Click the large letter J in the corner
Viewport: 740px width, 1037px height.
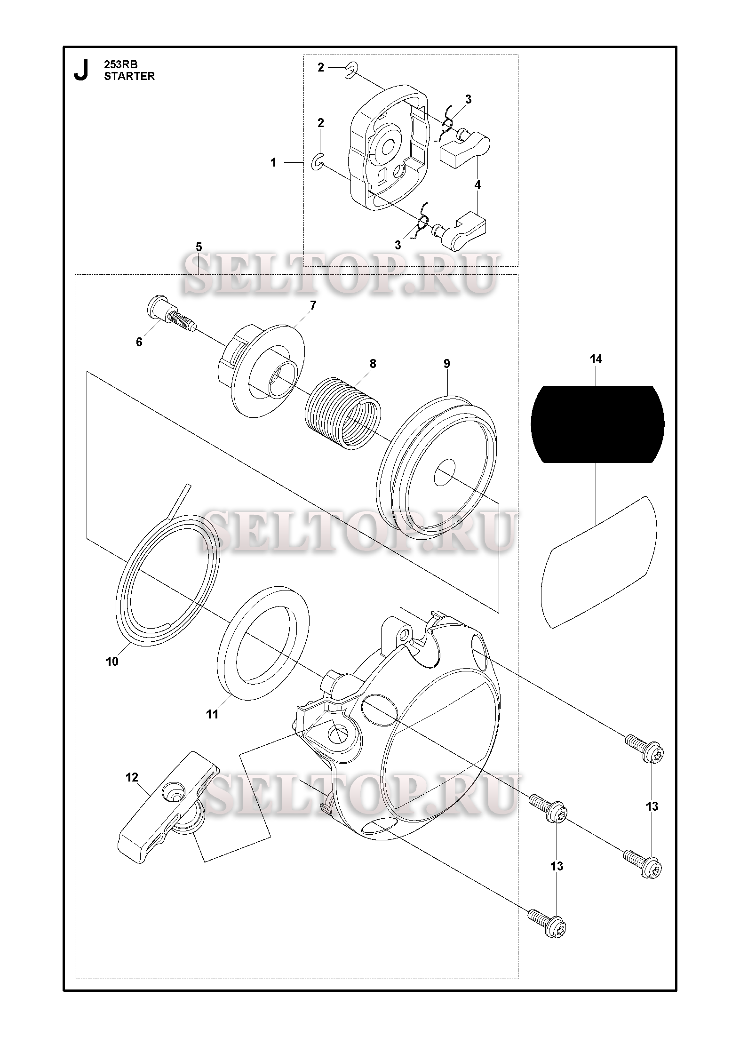pyautogui.click(x=81, y=70)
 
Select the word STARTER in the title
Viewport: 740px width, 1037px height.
pyautogui.click(x=129, y=76)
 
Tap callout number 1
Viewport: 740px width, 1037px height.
pyautogui.click(x=273, y=163)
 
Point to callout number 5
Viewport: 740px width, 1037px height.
pyautogui.click(x=199, y=247)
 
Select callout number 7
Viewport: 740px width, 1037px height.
pyautogui.click(x=313, y=305)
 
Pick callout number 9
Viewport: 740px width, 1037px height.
pyautogui.click(x=446, y=363)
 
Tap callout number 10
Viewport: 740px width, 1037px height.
pyautogui.click(x=112, y=662)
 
